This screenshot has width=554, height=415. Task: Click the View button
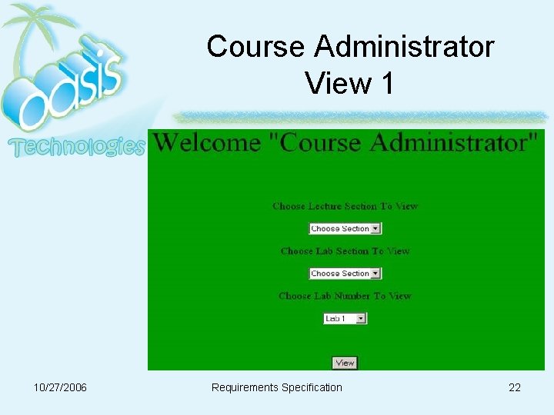tap(345, 363)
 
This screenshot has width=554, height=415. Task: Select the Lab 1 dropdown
tap(345, 318)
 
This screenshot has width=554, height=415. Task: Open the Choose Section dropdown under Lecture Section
tap(345, 228)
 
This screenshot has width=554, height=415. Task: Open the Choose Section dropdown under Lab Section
tap(345, 274)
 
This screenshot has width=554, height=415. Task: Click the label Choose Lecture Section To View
tap(345, 206)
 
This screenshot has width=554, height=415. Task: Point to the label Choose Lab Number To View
tap(345, 296)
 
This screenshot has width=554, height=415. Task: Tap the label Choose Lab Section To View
tap(345, 251)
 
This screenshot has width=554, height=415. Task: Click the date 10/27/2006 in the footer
tap(60, 387)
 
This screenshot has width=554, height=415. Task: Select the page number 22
tap(515, 387)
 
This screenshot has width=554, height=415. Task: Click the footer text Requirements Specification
tap(276, 387)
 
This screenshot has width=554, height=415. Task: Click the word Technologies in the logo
tap(77, 146)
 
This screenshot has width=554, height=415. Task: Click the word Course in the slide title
tap(256, 47)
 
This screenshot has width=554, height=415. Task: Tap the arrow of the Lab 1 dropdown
tap(362, 318)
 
